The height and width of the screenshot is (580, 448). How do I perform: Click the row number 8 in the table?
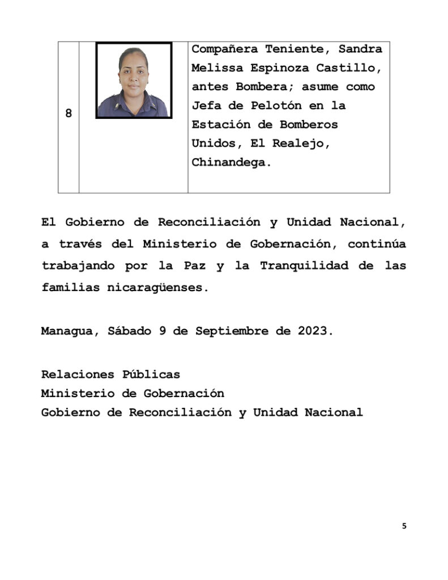coord(69,113)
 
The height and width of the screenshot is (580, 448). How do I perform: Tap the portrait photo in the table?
coord(134,80)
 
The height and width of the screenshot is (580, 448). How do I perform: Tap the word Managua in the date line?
coord(66,331)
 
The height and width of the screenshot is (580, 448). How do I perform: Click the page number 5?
coord(404,526)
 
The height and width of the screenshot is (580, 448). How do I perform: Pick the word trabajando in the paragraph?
coord(77,266)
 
